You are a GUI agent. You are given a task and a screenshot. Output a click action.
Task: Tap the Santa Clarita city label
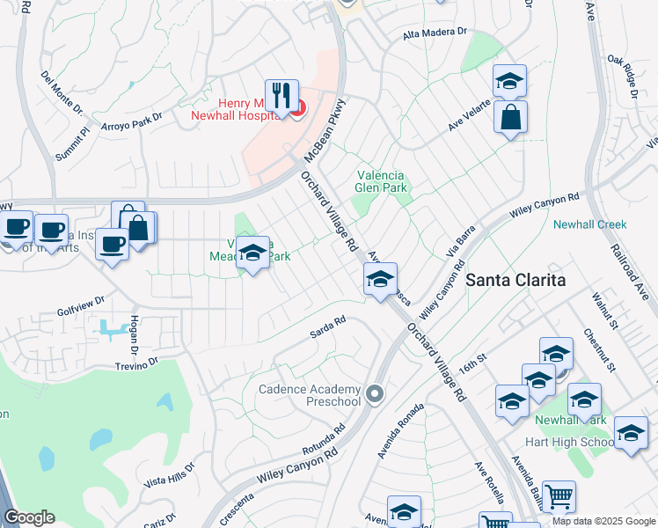[x=515, y=280]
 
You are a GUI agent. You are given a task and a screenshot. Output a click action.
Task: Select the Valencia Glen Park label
[x=384, y=180]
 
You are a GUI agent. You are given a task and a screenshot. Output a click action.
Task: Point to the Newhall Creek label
[x=589, y=224]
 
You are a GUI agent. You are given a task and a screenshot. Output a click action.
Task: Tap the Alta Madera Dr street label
[x=434, y=32]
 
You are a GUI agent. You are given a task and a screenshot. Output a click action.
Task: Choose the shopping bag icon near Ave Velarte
[x=510, y=118]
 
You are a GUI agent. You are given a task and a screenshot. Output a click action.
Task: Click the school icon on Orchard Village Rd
[x=380, y=280]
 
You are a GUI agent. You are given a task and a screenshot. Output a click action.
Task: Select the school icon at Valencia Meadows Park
[x=252, y=253]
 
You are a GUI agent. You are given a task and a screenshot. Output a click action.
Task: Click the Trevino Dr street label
[x=135, y=362]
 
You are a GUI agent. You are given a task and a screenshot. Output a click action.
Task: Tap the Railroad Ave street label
[x=630, y=272]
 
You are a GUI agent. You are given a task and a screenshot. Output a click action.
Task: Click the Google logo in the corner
[x=29, y=517]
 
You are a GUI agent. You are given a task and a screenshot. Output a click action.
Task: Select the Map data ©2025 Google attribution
[x=603, y=521]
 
